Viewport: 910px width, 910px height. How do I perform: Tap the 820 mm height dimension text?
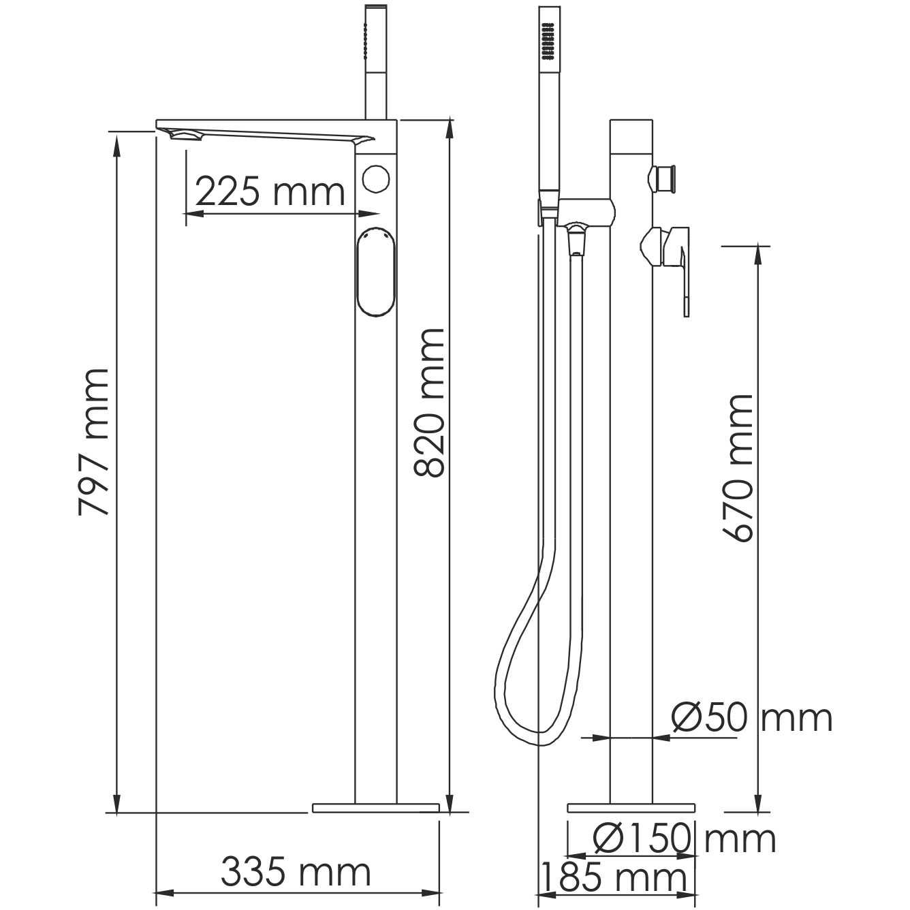429,402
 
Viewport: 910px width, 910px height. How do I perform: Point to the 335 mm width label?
296,872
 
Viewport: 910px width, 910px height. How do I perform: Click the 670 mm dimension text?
738,468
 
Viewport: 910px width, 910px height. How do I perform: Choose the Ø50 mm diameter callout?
751,717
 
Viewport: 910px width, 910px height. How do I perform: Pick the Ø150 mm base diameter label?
684,838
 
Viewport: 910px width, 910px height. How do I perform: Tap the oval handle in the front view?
375,271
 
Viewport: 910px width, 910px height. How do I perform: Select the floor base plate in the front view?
375,808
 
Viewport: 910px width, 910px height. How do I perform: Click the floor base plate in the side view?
631,808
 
